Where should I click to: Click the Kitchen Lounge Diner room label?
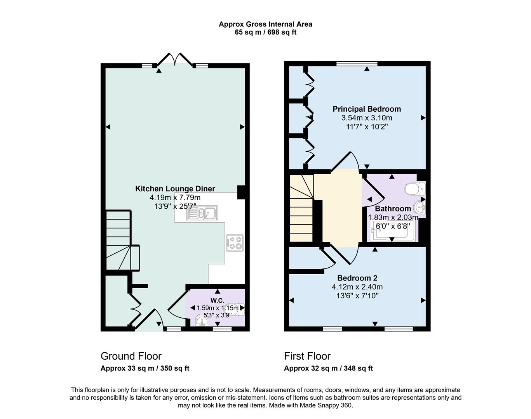pos(175,189)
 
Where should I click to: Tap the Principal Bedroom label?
pos(366,109)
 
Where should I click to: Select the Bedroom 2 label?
pos(357,278)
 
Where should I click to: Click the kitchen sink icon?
pos(202,213)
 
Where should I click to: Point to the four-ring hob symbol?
pos(235,242)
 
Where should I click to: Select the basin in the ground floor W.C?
pos(202,321)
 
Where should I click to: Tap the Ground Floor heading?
pos(131,356)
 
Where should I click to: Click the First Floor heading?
pos(307,356)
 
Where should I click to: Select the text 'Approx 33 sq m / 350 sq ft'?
pos(145,369)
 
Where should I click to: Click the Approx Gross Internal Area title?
pos(265,24)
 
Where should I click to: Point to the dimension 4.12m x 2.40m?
pos(357,287)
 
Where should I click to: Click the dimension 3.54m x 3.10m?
pos(366,118)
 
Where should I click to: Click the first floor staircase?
pos(301,209)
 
